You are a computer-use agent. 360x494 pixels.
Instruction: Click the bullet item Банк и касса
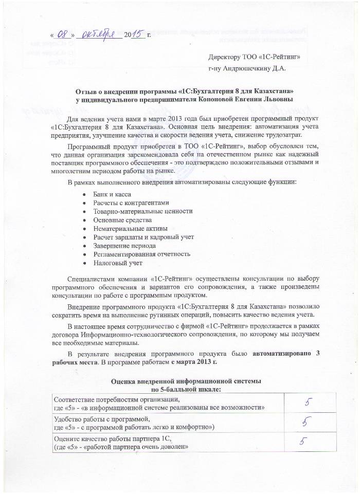(112, 194)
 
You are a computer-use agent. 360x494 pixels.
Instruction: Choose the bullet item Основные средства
(122, 219)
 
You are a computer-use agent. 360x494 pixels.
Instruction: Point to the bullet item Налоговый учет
(117, 262)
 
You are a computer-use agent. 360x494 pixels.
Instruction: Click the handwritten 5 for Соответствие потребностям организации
(308, 402)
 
